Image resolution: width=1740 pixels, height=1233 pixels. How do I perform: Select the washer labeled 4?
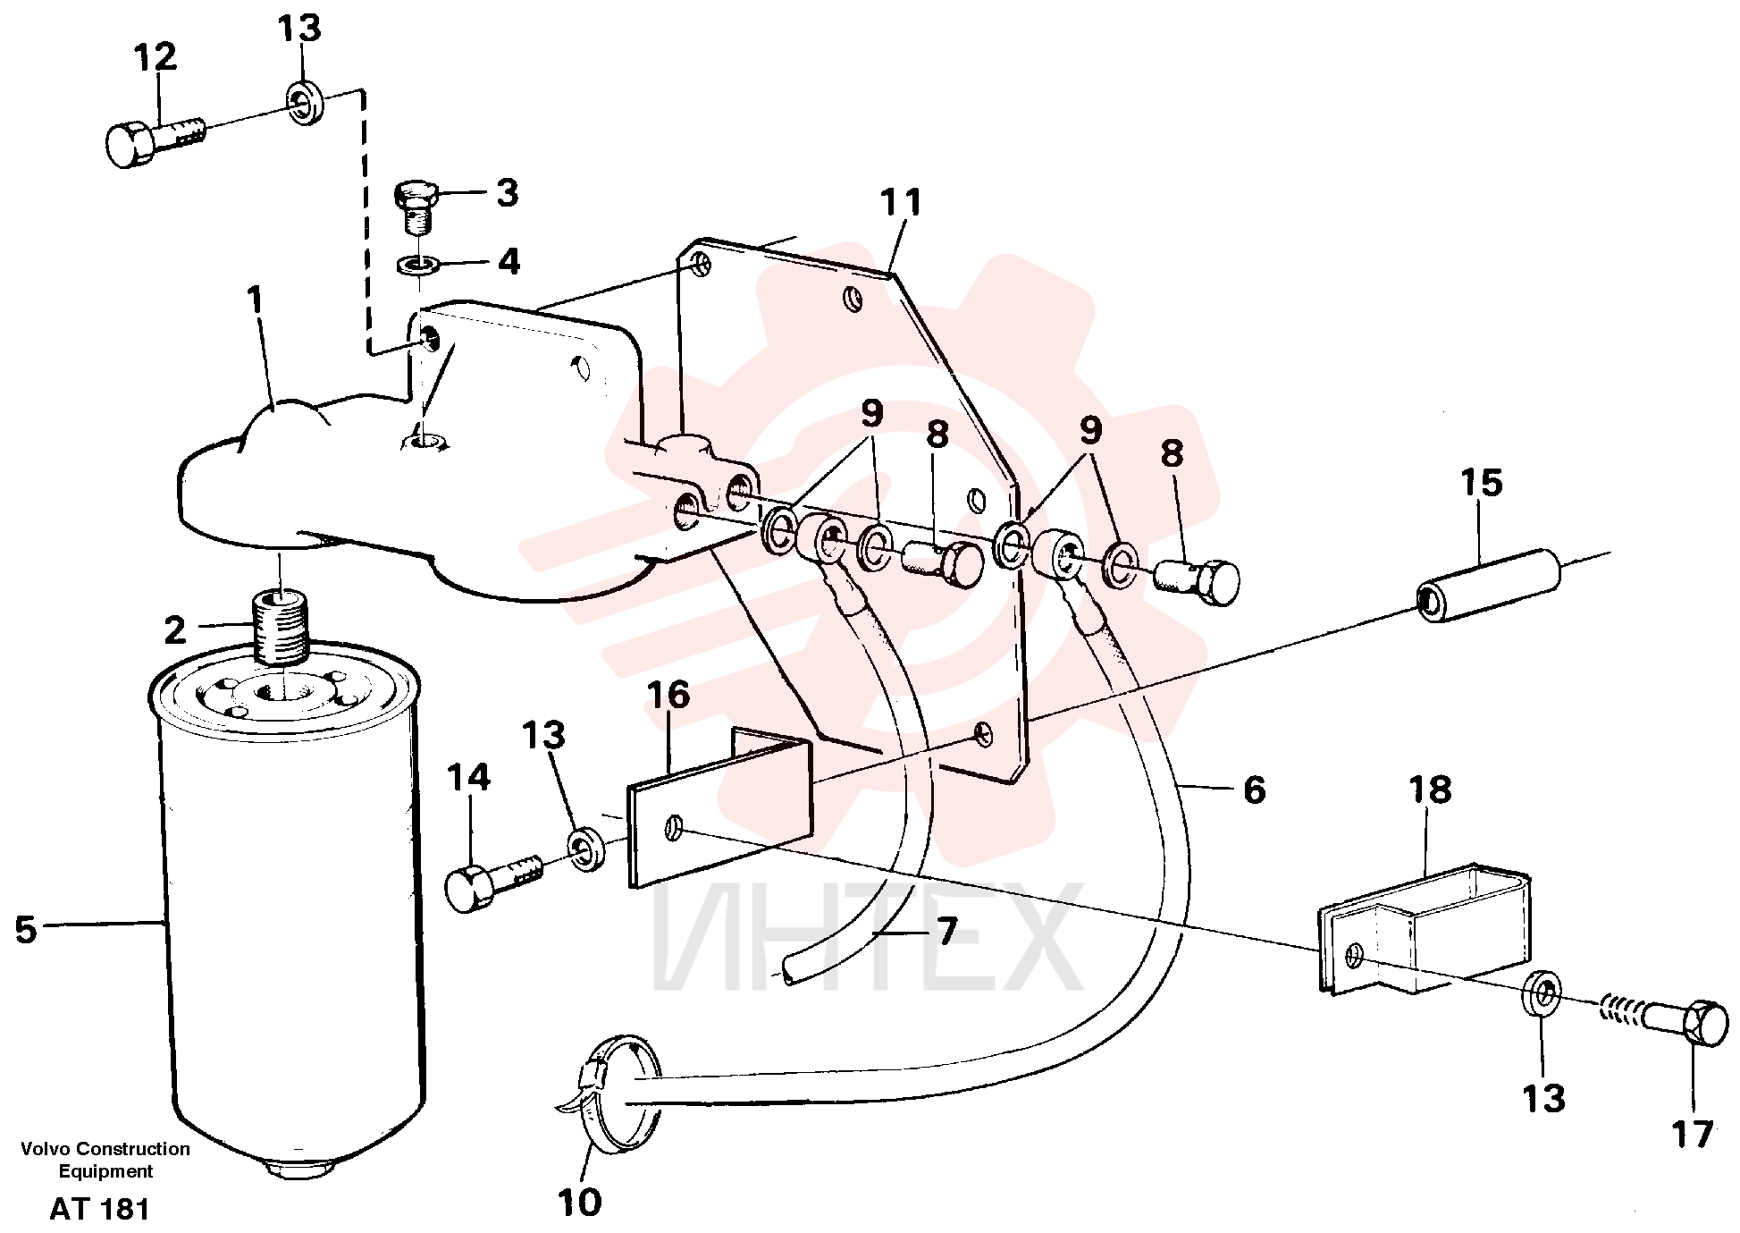pos(416,265)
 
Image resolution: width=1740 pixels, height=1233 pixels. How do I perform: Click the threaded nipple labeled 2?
pos(281,629)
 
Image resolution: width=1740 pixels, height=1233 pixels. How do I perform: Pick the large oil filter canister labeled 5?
pos(285,903)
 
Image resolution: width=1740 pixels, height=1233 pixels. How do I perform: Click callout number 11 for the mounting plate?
pos(900,203)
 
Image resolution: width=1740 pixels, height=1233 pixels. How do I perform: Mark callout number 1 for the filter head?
pos(257,300)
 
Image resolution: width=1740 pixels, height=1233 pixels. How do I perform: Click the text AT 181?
pos(99,1209)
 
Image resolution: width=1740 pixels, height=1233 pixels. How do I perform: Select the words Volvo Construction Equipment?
pos(105,1160)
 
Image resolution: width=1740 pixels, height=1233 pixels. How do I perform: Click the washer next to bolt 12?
pos(305,102)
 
